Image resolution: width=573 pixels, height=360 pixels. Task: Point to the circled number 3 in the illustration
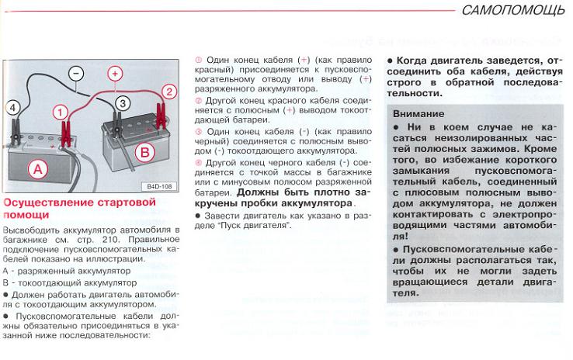pyautogui.click(x=121, y=102)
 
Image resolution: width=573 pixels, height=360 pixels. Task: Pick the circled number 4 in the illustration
pyautogui.click(x=12, y=108)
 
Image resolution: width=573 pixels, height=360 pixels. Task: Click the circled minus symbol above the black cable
pyautogui.click(x=75, y=74)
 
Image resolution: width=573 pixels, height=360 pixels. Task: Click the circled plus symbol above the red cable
pyautogui.click(x=115, y=74)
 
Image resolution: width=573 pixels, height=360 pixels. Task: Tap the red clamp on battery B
pyautogui.click(x=161, y=116)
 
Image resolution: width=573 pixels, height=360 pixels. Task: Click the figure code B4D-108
pyautogui.click(x=159, y=187)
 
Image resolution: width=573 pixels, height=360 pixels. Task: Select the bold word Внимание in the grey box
pyautogui.click(x=418, y=113)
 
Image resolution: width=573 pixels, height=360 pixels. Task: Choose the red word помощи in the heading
pyautogui.click(x=23, y=216)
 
